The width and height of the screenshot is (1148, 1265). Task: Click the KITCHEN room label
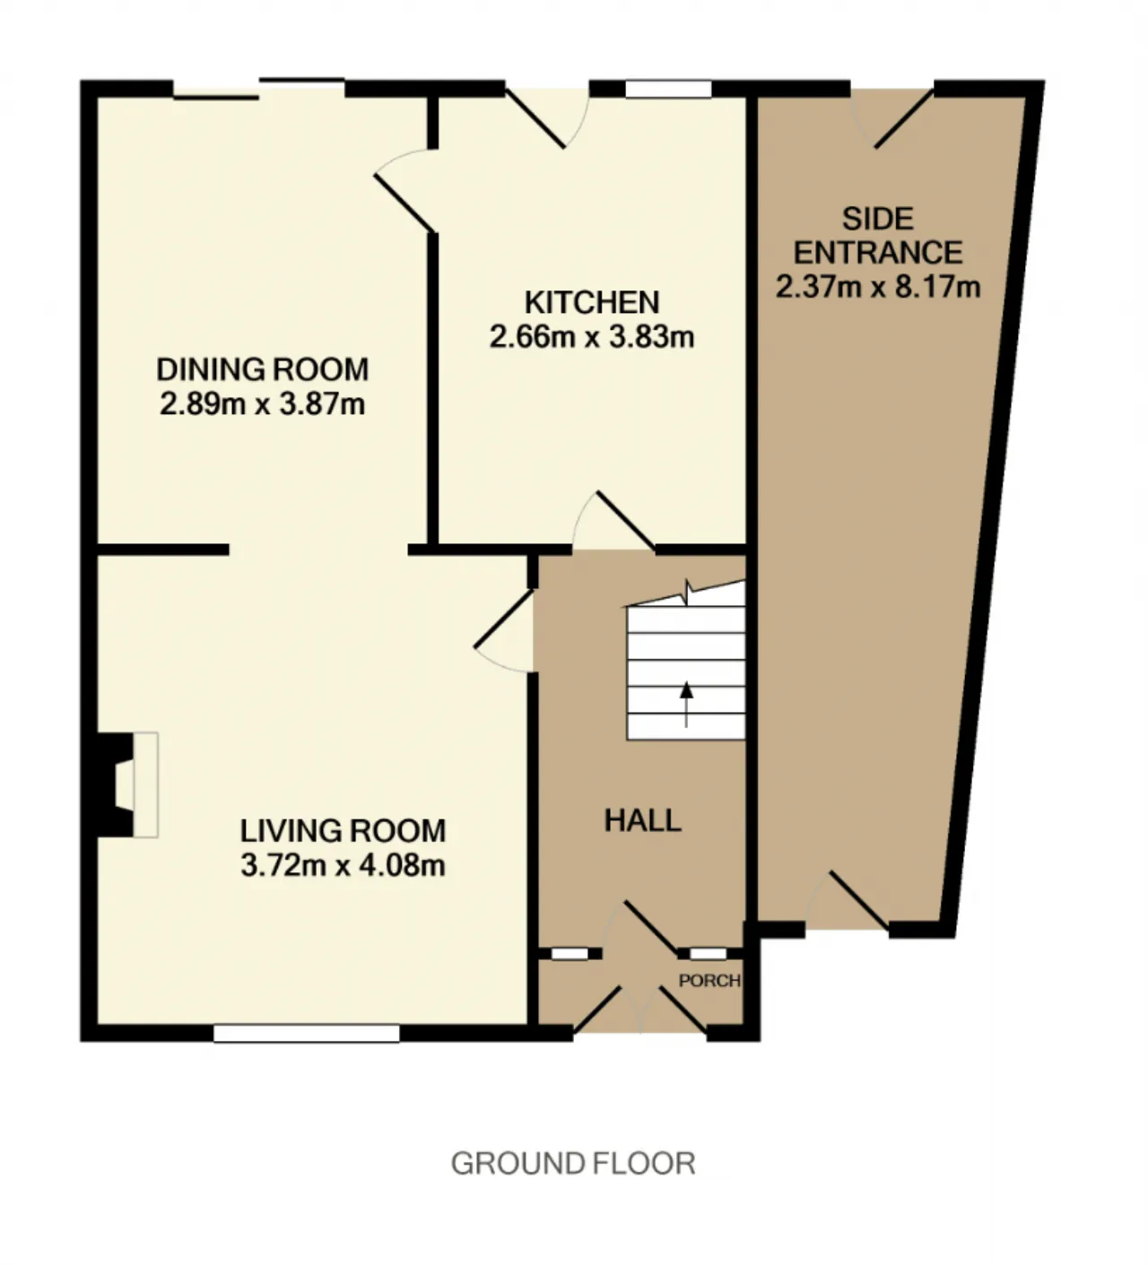coord(591,303)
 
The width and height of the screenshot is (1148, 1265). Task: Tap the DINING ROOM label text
coord(263,369)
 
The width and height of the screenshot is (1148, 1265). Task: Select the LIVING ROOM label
coord(344,831)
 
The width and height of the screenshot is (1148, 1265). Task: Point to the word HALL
coord(642,821)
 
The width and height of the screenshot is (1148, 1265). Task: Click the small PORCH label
coord(709,981)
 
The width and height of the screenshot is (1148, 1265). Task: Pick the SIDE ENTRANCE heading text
coord(878,236)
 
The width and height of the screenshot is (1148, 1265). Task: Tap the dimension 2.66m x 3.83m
coord(591,337)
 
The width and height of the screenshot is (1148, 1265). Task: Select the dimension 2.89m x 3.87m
coord(263,404)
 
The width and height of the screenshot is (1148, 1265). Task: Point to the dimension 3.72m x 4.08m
coord(344,865)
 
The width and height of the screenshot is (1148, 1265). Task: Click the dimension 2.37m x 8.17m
coord(878,288)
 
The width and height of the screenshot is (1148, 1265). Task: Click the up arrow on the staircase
coord(687,704)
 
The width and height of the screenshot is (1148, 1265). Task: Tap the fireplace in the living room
coord(126,784)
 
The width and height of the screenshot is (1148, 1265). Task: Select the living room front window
coord(307,1034)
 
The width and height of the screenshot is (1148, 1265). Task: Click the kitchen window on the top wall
coord(668,89)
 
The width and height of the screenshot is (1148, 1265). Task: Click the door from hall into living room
coord(504,630)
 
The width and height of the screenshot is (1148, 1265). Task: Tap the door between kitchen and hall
coord(613,521)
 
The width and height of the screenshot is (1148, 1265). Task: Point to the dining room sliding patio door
coord(259,89)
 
